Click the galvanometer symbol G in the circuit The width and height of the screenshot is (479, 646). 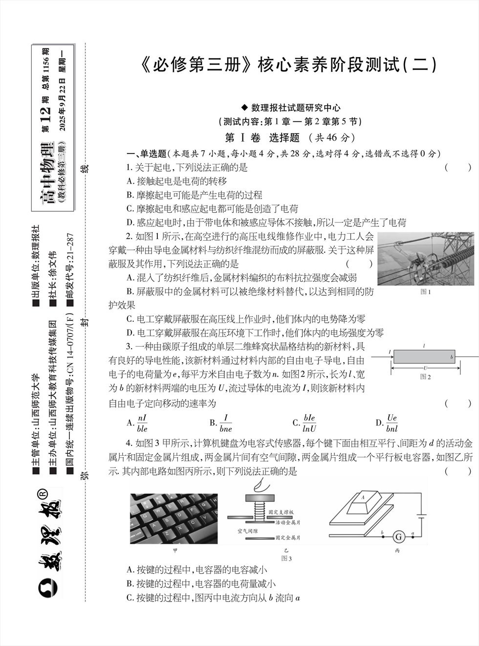(398, 537)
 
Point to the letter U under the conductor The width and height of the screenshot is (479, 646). (425, 368)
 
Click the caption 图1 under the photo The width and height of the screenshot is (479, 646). (425, 292)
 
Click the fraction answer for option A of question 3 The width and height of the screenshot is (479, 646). (142, 423)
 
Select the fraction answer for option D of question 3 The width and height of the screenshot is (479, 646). (392, 423)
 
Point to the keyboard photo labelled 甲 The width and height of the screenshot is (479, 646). (174, 518)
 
